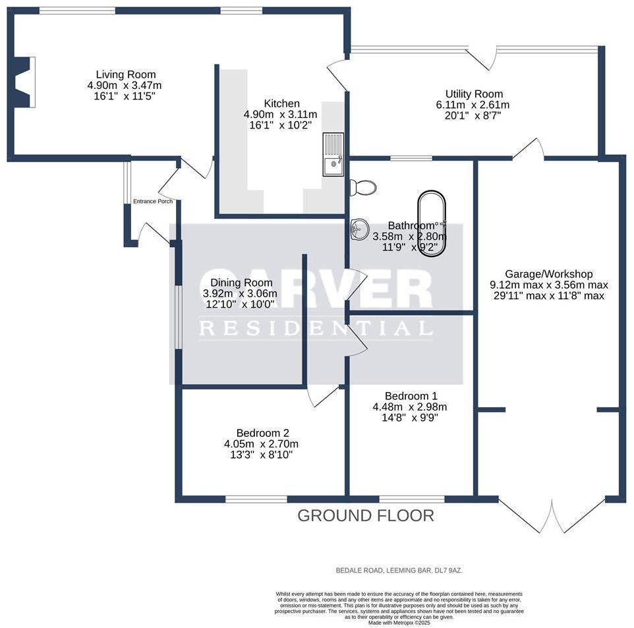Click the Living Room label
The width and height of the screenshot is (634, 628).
[125, 74]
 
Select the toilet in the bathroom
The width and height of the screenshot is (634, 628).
[363, 188]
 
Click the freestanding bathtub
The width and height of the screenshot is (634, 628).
[432, 224]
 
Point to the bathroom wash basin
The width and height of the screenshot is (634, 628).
[358, 229]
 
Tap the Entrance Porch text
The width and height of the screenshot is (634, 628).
[153, 202]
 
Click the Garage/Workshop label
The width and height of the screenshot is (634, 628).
[548, 274]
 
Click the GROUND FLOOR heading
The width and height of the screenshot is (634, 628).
[366, 515]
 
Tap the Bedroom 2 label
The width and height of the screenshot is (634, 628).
[263, 433]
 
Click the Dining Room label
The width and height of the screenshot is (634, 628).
[237, 283]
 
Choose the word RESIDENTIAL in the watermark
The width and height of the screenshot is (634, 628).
[316, 329]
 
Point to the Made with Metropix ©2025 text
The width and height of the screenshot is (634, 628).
[399, 623]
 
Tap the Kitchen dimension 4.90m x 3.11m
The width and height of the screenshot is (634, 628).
[281, 114]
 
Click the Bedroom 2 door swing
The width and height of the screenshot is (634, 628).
[322, 395]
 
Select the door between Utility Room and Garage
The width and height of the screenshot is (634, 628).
[528, 150]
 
